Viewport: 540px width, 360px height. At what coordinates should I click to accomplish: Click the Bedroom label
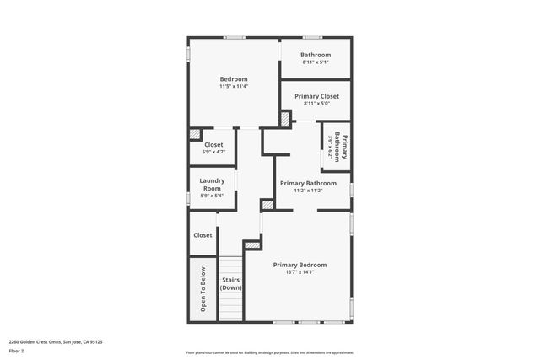coord(234,78)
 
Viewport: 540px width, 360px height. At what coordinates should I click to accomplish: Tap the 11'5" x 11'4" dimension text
coord(234,86)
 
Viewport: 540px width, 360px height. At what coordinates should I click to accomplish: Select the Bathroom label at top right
coord(316,55)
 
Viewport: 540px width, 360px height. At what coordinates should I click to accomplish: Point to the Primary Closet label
coord(316,96)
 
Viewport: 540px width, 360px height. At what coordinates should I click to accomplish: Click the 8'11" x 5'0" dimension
coord(316,104)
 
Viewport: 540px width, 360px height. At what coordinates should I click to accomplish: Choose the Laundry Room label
coord(212,185)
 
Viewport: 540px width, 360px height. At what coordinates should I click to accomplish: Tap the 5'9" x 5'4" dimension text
coord(212,196)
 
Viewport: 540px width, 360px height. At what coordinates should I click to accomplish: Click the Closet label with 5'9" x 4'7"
coord(213,144)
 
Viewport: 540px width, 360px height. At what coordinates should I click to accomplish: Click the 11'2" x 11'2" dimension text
coord(308,191)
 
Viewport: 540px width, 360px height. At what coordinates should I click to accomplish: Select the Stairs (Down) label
coord(231,283)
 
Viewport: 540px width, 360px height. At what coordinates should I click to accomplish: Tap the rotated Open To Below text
coord(203,289)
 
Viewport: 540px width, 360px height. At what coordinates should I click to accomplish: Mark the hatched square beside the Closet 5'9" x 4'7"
coord(195,133)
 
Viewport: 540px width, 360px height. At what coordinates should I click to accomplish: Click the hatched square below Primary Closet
coord(284,119)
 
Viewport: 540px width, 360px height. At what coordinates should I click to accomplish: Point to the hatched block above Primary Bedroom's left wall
coord(251,245)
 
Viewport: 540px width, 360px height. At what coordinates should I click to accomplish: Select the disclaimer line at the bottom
coord(269,352)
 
